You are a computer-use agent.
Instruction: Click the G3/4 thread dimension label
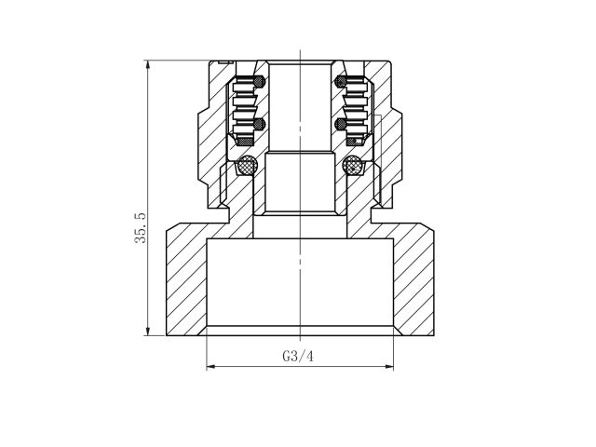pyautogui.click(x=299, y=356)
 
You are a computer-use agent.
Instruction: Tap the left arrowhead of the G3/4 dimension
pyautogui.click(x=210, y=366)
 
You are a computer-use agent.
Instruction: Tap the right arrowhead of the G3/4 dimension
pyautogui.click(x=388, y=366)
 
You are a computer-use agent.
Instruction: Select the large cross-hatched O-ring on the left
pyautogui.click(x=247, y=167)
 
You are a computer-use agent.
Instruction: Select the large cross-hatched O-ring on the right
pyautogui.click(x=353, y=167)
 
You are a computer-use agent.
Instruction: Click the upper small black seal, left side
pyautogui.click(x=260, y=82)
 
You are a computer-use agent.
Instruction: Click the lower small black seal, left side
pyautogui.click(x=260, y=123)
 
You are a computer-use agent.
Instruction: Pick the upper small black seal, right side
pyautogui.click(x=339, y=82)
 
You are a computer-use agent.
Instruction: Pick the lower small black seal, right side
pyautogui.click(x=339, y=123)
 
